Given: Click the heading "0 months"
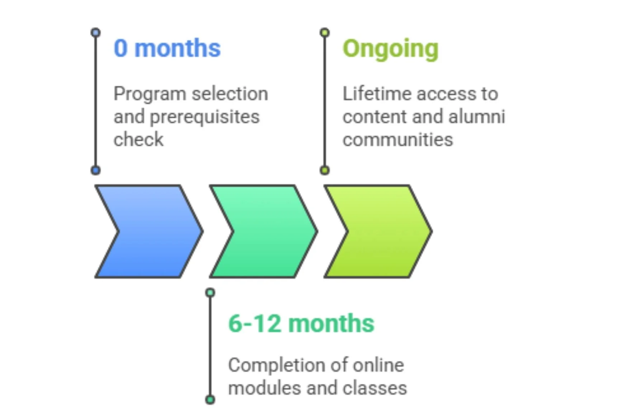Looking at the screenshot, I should (167, 48).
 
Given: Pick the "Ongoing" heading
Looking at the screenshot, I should (390, 48).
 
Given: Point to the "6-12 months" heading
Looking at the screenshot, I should (301, 323).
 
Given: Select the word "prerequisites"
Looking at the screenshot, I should (204, 117).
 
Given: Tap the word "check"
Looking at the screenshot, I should (138, 139).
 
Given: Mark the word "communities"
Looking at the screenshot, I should (397, 139).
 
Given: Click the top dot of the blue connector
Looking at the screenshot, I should (95, 33).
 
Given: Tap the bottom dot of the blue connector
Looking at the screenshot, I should (95, 170).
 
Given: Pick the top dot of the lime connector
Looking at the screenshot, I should (325, 33).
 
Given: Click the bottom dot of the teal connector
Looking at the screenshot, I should (210, 400).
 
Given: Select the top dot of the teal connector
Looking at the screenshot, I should (210, 293).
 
